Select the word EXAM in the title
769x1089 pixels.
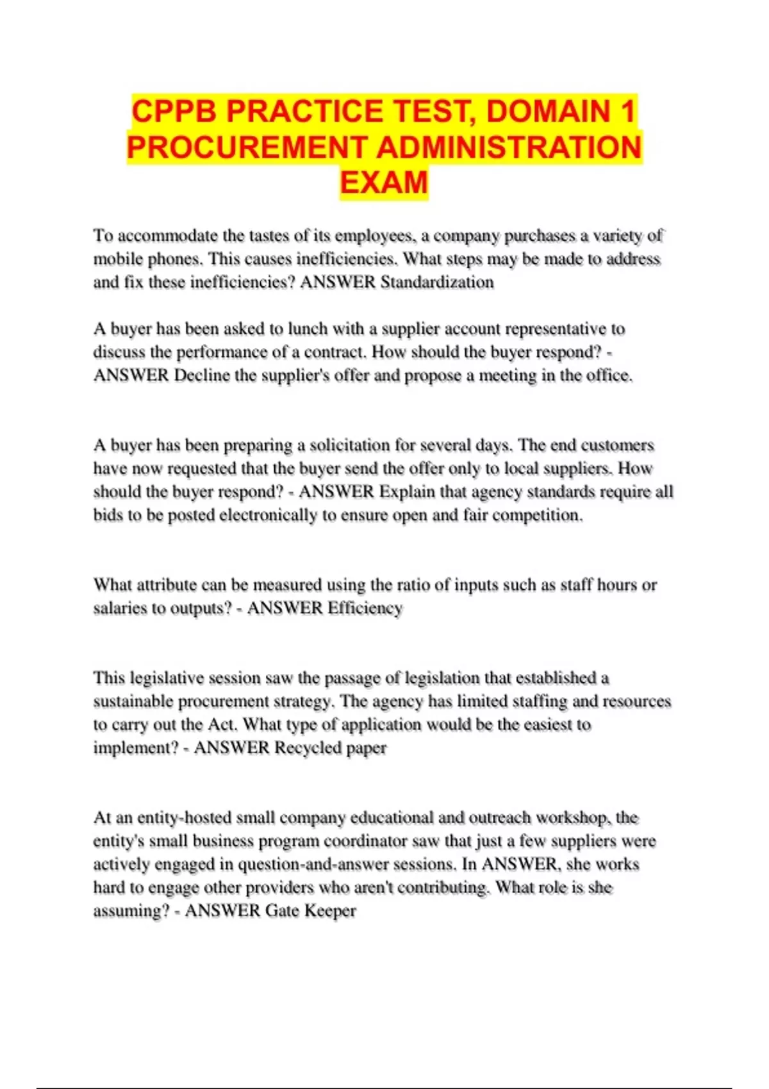(384, 183)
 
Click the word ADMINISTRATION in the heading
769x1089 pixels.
(509, 147)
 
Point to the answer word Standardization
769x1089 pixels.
(437, 282)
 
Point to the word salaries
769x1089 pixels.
(120, 609)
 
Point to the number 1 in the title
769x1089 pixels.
(627, 111)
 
